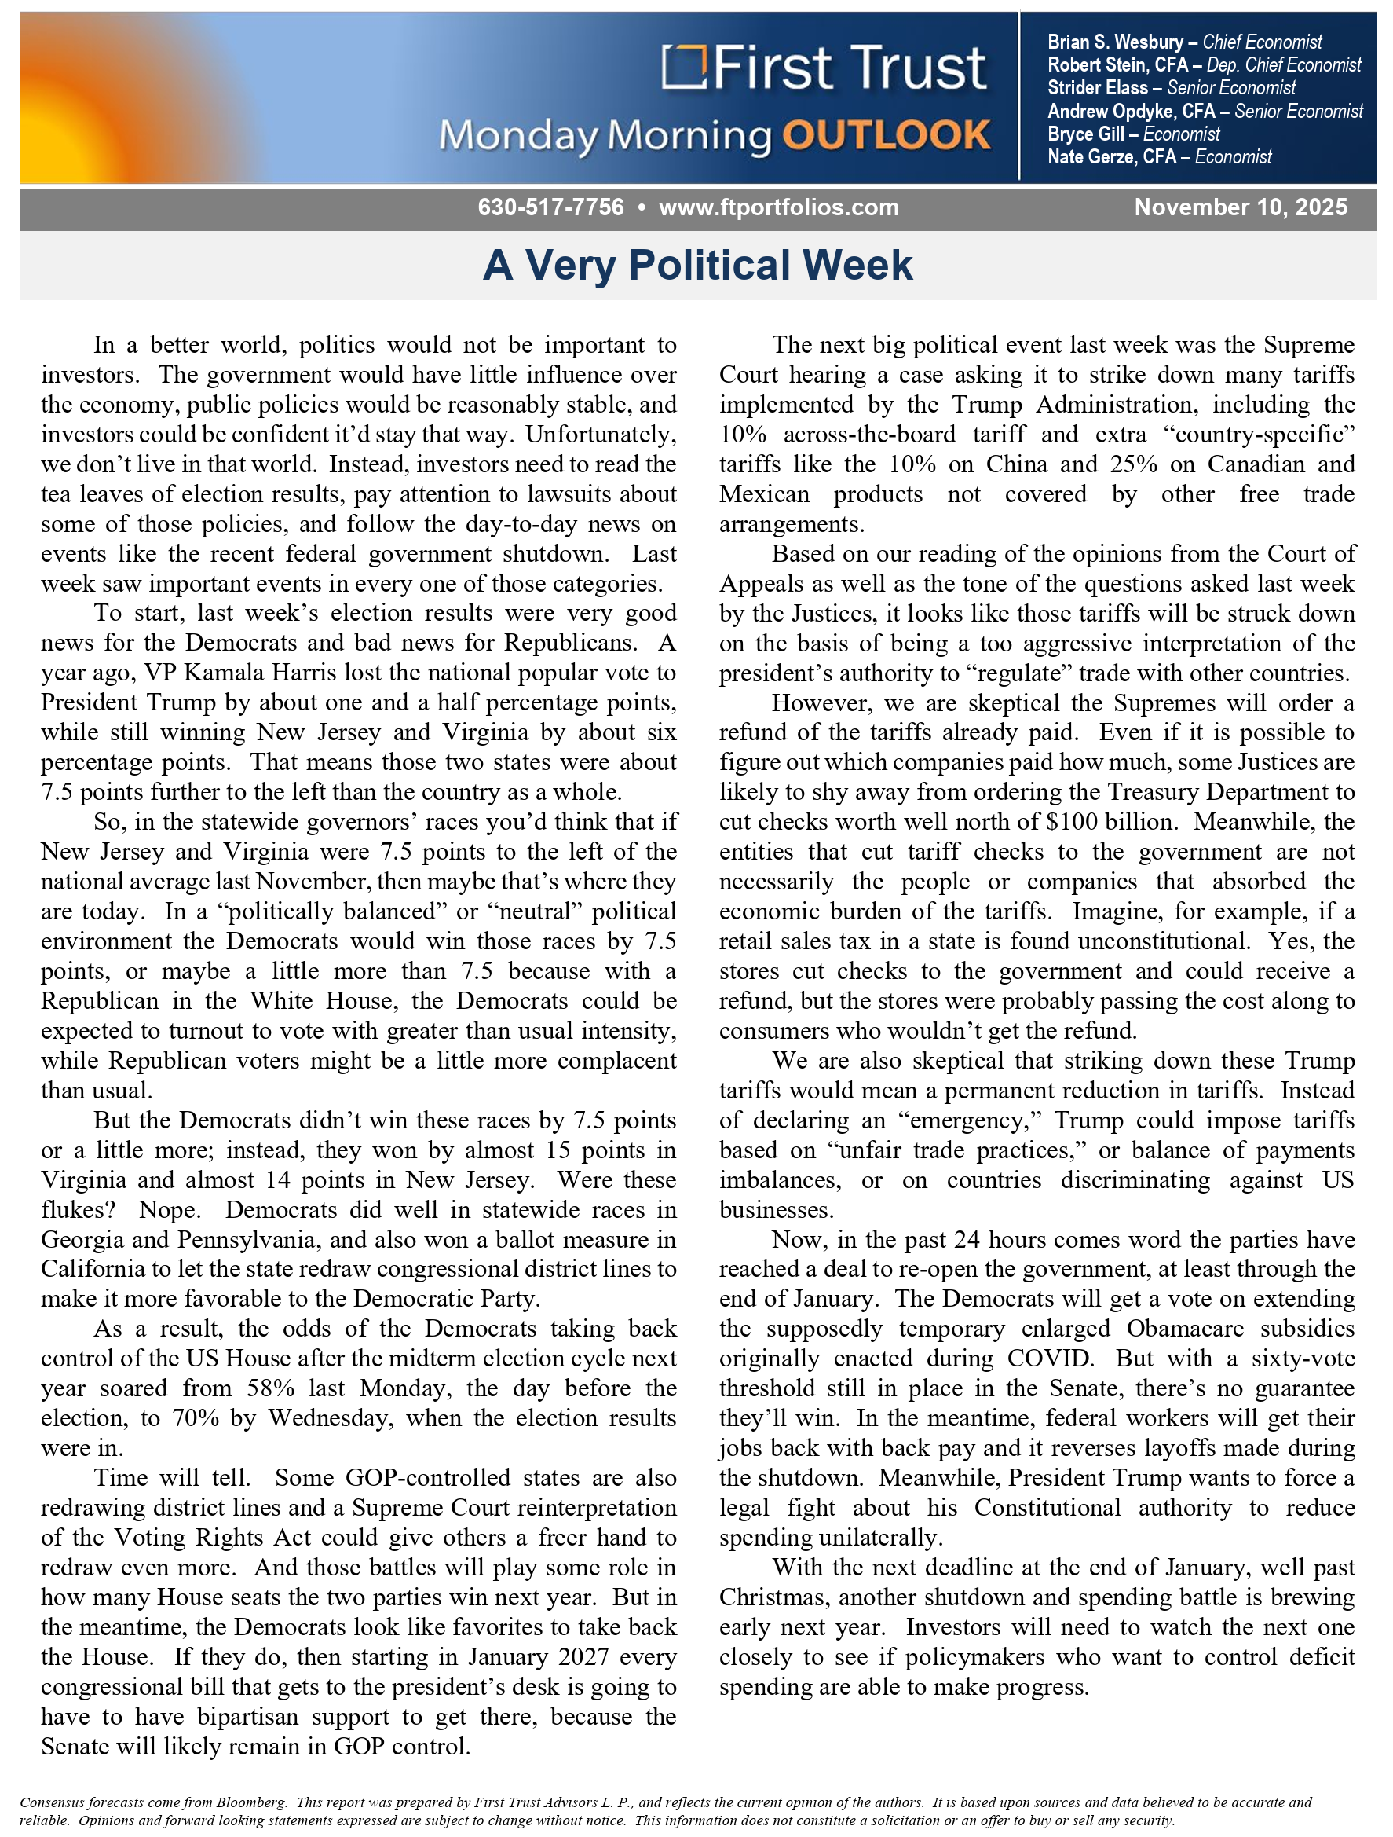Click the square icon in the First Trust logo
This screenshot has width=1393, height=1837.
683,67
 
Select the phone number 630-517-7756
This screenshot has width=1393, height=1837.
550,207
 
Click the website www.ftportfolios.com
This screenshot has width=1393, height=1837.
778,207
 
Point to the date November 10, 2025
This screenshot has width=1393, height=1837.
1240,207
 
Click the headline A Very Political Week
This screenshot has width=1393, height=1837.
697,266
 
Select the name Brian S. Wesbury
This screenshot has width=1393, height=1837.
1115,42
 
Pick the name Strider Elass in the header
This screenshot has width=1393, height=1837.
1097,88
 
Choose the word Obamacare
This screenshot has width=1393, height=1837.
1185,1329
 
